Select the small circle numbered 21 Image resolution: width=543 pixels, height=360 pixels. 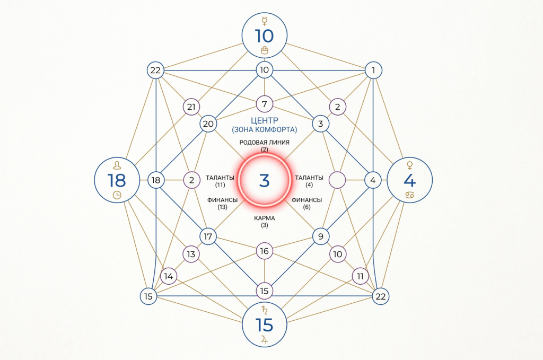[191, 107]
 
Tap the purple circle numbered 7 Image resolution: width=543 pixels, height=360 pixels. [264, 104]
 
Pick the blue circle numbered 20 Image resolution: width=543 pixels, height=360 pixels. [208, 124]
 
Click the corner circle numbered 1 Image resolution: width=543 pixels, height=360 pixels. [373, 71]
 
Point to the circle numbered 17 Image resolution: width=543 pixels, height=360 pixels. [208, 236]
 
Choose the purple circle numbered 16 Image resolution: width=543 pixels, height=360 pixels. [264, 251]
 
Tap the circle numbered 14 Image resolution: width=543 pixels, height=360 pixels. [169, 276]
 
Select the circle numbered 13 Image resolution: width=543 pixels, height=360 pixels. [191, 254]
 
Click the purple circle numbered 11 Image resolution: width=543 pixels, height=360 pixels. [360, 276]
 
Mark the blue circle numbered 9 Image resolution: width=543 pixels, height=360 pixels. [321, 236]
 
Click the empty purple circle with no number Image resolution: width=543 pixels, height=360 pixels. [337, 180]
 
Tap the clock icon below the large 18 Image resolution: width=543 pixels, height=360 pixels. [117, 195]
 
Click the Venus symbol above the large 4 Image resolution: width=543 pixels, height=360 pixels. [410, 165]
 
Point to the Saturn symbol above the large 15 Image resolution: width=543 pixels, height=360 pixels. [264, 310]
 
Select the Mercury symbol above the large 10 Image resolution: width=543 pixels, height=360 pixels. [264, 22]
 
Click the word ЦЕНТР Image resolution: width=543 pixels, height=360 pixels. [264, 120]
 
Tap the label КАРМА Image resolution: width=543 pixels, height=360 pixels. [264, 218]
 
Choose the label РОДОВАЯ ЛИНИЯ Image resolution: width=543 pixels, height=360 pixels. [264, 142]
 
